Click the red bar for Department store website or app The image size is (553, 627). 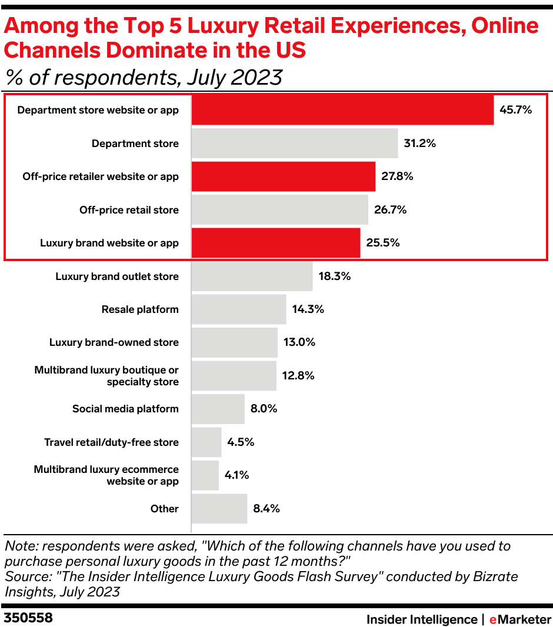342,110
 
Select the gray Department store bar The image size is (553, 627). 295,144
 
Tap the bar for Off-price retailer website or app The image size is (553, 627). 284,176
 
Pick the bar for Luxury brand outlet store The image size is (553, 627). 252,276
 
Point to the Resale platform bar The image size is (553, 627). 239,309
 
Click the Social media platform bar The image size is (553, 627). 218,409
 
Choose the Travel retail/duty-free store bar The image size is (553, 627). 206,442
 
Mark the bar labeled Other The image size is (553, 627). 219,509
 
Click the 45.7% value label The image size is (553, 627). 516,110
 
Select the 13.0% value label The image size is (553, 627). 299,342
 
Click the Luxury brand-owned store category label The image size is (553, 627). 114,342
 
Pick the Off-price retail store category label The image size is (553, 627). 129,210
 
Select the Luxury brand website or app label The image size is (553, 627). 109,243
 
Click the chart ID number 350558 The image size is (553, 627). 28,618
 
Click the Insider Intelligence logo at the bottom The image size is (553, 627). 422,619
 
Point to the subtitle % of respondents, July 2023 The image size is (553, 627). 144,77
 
